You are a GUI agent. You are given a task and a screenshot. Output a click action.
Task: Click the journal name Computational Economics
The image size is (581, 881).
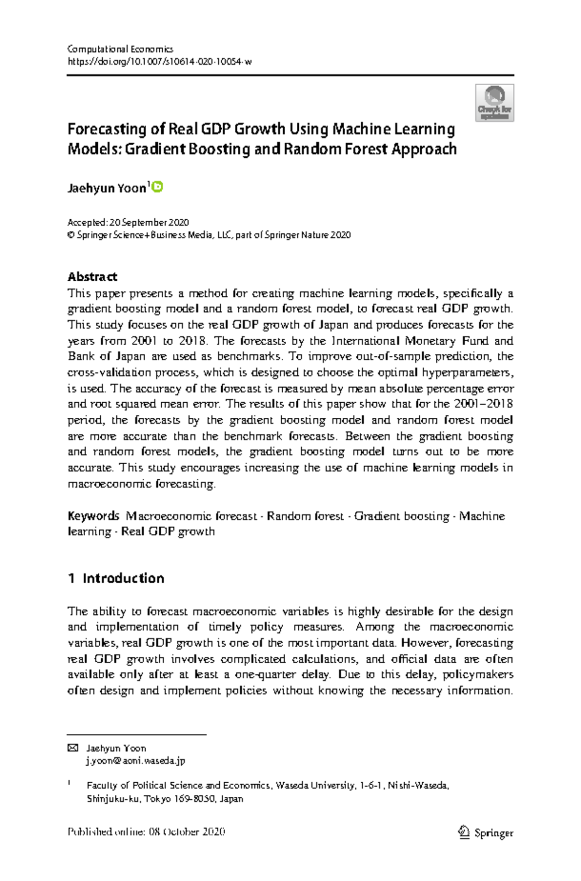click(120, 49)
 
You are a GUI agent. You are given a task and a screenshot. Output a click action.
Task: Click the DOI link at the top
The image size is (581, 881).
click(159, 61)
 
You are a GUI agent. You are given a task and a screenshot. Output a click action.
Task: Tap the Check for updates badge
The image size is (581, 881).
click(494, 103)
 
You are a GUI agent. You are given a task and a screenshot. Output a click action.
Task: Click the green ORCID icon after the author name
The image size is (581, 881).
click(158, 187)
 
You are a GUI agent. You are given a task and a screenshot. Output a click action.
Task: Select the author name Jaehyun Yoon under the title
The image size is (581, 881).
click(107, 188)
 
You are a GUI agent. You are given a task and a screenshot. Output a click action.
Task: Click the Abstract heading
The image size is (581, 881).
click(92, 277)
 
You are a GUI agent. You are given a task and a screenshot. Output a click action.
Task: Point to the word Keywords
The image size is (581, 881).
click(93, 516)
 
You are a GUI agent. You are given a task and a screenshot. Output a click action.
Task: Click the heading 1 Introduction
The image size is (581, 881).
click(116, 578)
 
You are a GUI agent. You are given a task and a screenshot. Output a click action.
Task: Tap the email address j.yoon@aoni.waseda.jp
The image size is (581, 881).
click(136, 761)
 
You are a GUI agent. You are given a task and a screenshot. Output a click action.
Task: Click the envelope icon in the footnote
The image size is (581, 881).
click(73, 748)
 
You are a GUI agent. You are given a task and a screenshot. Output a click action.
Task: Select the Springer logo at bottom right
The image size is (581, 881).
click(485, 833)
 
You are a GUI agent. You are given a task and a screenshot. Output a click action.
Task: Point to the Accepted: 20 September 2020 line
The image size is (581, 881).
click(128, 223)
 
